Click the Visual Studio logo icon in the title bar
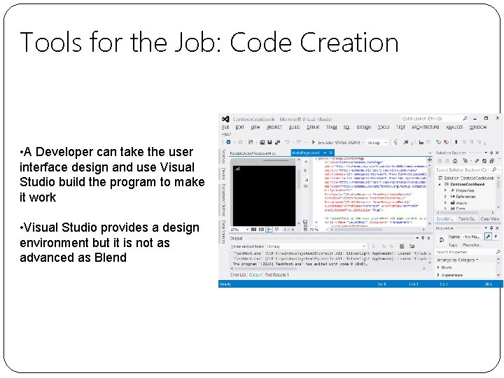pos(225,120)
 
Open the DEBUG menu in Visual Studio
pos(312,127)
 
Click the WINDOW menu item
pos(478,127)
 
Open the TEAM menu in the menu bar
pos(330,127)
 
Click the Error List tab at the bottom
pos(239,274)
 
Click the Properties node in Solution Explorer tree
pos(465,190)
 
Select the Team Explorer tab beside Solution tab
pos(467,219)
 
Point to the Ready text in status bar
pos(225,284)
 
